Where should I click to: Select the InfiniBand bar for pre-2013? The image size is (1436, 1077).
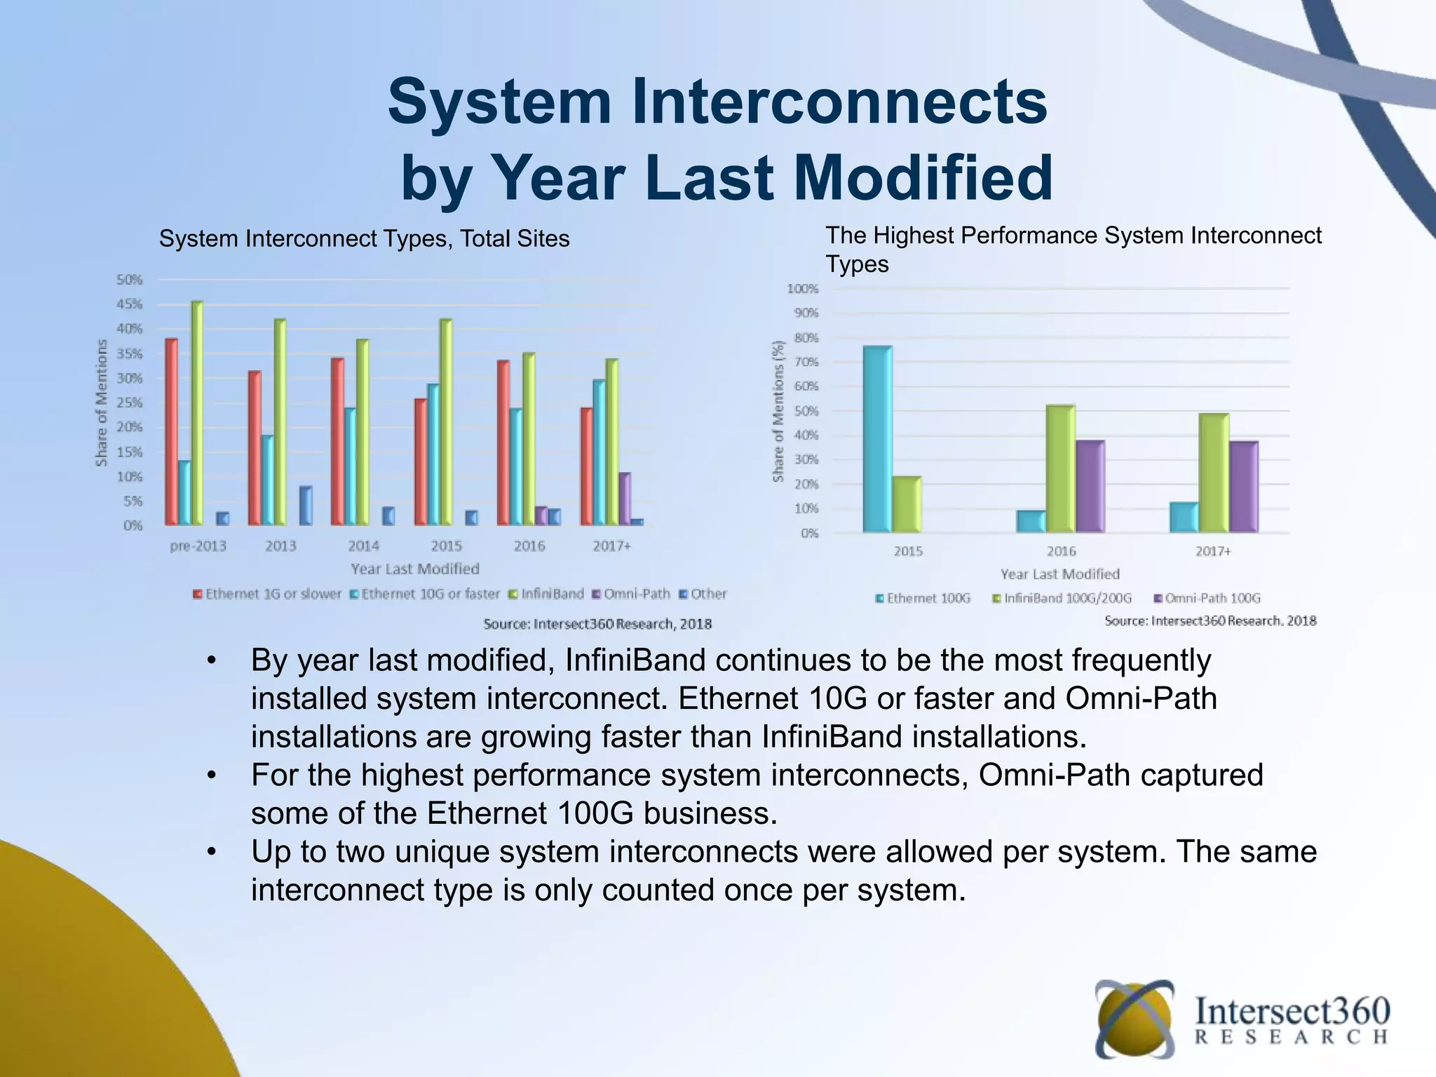(197, 414)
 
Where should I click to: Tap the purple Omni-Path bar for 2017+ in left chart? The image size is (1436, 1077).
(624, 499)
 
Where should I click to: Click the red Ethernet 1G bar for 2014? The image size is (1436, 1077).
(337, 442)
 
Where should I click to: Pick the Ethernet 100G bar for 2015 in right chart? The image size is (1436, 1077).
(877, 439)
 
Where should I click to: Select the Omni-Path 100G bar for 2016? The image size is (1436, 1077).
(1090, 486)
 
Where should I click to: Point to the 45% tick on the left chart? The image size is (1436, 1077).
(129, 304)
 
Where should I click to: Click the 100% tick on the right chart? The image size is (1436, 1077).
(802, 289)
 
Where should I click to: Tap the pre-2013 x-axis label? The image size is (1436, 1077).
(198, 546)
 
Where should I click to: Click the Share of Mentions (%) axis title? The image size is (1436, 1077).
(778, 412)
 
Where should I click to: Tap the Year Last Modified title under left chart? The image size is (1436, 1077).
(414, 569)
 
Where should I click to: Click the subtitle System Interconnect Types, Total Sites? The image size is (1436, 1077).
(364, 239)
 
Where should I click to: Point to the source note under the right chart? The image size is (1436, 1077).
(1210, 621)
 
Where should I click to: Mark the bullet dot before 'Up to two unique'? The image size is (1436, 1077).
(212, 853)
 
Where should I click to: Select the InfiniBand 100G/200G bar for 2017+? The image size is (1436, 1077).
(1213, 473)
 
